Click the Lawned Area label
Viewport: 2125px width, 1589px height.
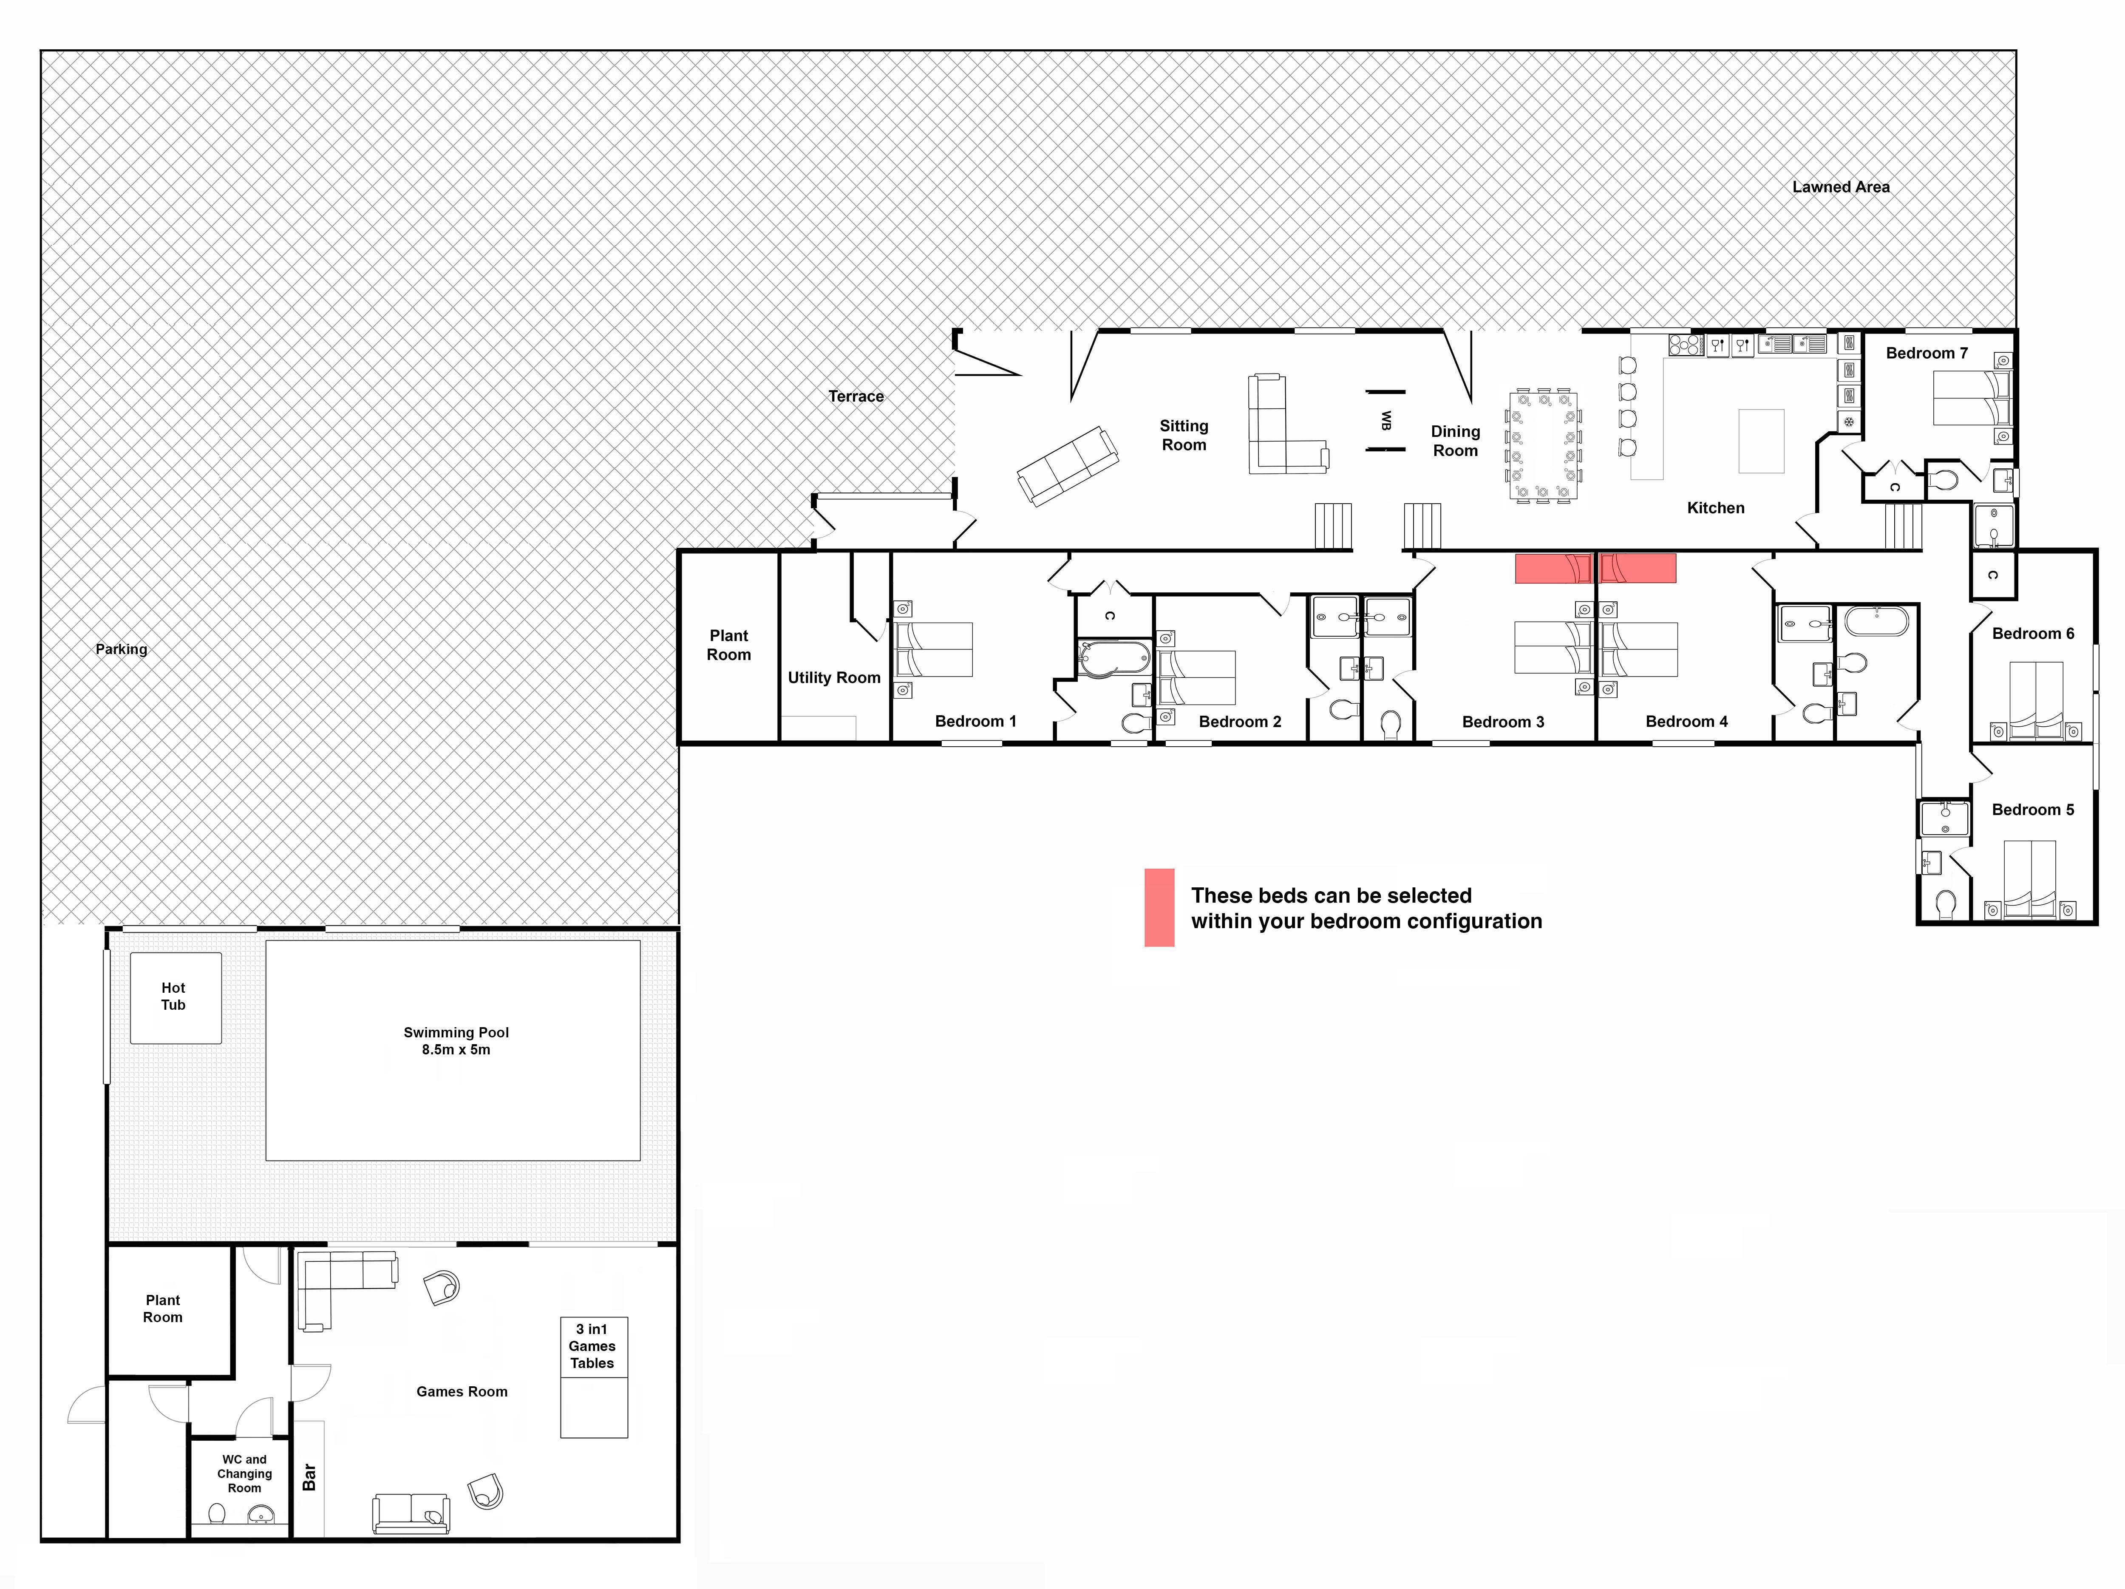click(x=1841, y=187)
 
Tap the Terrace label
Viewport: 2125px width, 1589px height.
click(x=856, y=396)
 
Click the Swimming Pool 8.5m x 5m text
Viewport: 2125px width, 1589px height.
click(x=456, y=1040)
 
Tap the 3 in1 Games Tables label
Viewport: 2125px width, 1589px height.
click(x=592, y=1346)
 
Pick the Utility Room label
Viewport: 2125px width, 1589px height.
click(x=834, y=677)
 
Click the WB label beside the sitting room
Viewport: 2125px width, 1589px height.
click(x=1386, y=421)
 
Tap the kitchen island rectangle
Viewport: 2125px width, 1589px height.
click(x=1761, y=441)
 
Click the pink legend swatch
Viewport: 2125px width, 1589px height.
click(x=1159, y=908)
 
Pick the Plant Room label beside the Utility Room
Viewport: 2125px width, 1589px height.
click(x=729, y=645)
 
